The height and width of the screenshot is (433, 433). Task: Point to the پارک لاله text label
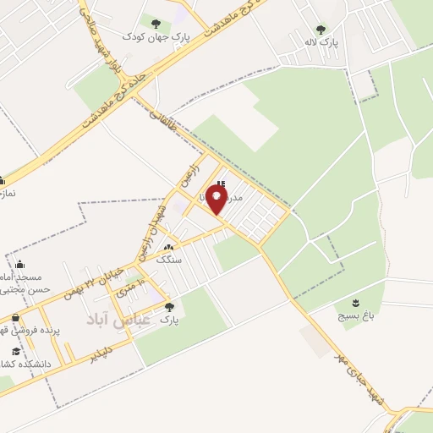coord(321,41)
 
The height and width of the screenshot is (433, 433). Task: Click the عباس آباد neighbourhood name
coord(118,320)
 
